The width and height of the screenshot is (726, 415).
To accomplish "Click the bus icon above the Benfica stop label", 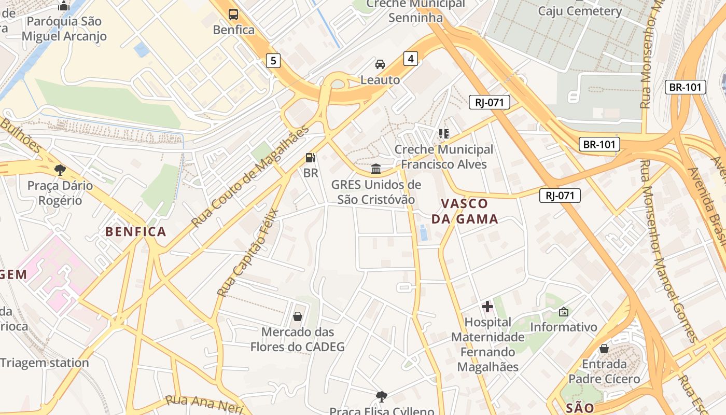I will click(x=233, y=15).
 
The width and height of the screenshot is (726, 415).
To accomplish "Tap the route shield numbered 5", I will click(x=273, y=61).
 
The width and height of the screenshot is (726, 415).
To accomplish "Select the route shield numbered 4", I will click(x=411, y=59).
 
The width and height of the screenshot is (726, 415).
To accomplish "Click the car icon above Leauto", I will click(x=380, y=64).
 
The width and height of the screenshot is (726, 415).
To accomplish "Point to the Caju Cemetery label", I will click(x=580, y=11).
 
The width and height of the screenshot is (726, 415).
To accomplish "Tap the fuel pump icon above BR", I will click(x=311, y=157).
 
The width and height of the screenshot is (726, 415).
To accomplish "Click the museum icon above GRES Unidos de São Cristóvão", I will click(x=376, y=169).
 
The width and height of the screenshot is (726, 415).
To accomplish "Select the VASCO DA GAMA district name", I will click(x=465, y=211).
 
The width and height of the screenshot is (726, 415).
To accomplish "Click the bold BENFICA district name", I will click(x=136, y=232).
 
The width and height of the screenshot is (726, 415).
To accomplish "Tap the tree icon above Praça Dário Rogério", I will click(x=60, y=170).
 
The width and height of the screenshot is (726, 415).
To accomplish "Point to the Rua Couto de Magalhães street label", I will click(x=250, y=176).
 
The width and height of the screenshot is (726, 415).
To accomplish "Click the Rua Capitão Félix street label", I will click(x=248, y=253).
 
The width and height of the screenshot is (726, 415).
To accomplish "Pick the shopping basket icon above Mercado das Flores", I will click(x=298, y=316).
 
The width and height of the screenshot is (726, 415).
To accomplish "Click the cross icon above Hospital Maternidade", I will click(x=487, y=307).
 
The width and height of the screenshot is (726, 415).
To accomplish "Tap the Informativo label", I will click(x=563, y=327).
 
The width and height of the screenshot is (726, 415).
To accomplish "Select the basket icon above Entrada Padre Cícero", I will click(x=604, y=349).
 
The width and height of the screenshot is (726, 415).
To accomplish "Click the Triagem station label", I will click(x=45, y=363).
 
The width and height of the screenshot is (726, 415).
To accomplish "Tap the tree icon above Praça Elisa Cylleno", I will click(x=382, y=397).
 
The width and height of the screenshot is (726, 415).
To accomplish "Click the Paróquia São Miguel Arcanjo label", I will click(x=64, y=29).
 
